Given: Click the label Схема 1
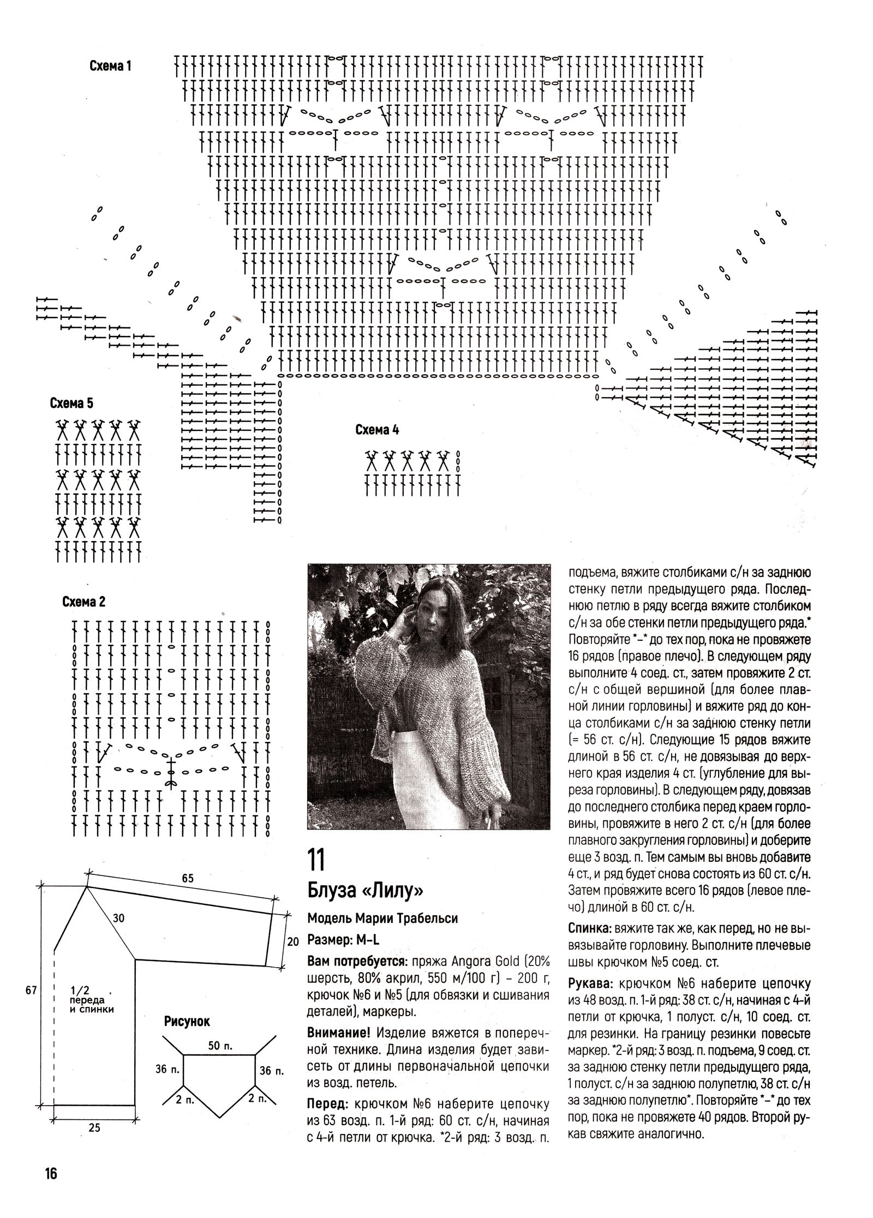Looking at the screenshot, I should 110,67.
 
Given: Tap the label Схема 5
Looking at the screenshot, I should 71,404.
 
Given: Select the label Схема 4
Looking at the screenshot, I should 377,430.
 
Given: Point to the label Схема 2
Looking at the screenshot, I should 84,602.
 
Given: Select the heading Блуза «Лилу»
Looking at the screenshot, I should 365,890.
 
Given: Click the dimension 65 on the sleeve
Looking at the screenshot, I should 187,878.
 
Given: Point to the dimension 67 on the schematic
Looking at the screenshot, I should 30,990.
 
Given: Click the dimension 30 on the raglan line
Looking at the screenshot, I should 119,918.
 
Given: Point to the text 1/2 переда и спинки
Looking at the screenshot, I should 91,1001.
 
